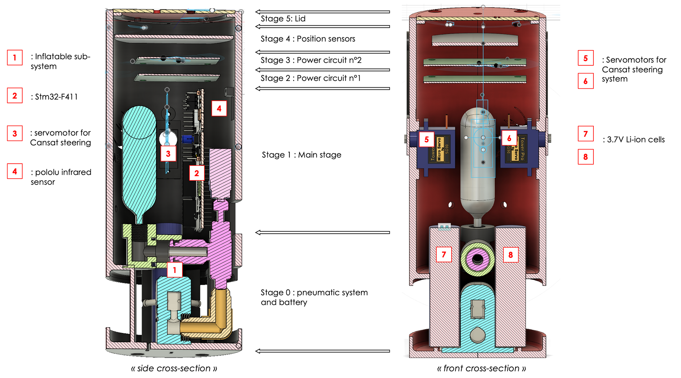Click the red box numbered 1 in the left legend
point(15,57)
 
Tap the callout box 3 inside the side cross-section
point(168,154)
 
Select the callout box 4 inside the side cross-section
point(219,109)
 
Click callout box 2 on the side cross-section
point(196,173)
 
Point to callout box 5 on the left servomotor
point(426,139)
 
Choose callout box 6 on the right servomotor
point(509,138)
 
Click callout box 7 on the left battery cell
point(444,254)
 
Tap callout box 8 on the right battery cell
point(510,255)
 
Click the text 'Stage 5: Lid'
point(283,19)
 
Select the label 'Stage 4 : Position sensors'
point(308,39)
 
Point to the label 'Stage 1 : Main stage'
point(301,155)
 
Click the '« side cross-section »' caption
point(174,368)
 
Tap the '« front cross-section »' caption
point(481,368)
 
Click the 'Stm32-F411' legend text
point(56,97)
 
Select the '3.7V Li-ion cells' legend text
point(636,139)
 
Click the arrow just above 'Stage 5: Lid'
point(322,12)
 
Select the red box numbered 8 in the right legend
point(585,157)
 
